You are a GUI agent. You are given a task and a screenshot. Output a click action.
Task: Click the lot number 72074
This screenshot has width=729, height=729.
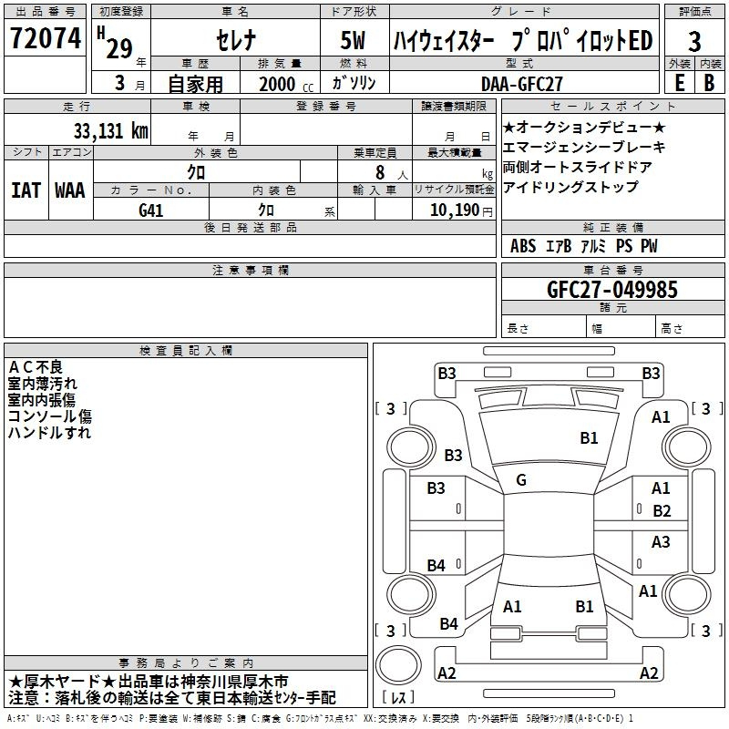click(46, 38)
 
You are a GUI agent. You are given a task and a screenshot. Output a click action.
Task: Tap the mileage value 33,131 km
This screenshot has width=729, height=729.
click(111, 131)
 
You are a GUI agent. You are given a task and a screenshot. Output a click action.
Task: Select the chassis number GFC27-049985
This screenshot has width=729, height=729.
click(611, 290)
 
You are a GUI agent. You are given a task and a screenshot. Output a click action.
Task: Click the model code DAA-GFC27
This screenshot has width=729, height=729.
click(521, 84)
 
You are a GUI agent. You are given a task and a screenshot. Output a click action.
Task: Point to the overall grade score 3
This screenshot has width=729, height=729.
click(694, 42)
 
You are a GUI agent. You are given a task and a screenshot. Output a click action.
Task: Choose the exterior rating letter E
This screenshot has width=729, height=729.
click(679, 83)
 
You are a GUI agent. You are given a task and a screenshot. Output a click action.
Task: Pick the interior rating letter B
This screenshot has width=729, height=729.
click(709, 83)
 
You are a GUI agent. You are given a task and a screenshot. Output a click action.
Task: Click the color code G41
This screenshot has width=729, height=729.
click(151, 210)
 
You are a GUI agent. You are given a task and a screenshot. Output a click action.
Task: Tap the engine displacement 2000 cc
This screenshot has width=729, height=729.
click(286, 84)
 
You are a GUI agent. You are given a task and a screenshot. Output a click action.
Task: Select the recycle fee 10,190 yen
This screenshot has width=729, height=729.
click(461, 210)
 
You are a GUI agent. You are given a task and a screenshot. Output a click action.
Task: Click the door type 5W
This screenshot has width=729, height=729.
click(353, 40)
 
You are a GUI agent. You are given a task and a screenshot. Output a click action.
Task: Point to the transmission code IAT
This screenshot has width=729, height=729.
click(26, 190)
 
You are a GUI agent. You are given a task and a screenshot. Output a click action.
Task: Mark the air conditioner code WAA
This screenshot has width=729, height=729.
click(70, 190)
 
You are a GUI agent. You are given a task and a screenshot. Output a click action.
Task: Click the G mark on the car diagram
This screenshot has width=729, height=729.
click(521, 480)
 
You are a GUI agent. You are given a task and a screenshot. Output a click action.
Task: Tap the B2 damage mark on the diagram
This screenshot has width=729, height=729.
click(662, 511)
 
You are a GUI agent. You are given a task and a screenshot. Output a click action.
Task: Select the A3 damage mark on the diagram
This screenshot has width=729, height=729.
click(661, 541)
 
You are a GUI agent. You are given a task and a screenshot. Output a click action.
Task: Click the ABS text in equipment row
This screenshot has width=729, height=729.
click(523, 246)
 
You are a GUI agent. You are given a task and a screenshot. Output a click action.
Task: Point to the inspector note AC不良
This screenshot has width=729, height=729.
click(36, 367)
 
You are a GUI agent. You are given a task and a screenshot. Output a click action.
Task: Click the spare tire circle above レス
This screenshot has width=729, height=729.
click(398, 665)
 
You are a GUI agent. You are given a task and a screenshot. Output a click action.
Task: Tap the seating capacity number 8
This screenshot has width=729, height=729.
click(380, 172)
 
